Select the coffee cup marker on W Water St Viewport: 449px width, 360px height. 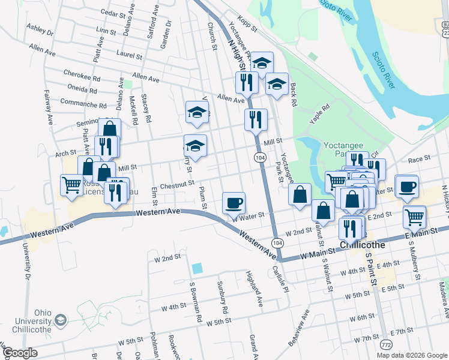(x=234, y=202)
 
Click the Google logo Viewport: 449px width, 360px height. (x=20, y=353)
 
